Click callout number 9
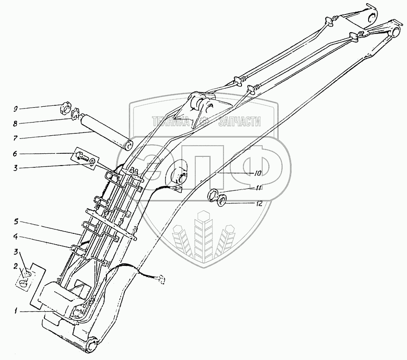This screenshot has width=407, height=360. [15, 109]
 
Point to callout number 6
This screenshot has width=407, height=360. [15, 154]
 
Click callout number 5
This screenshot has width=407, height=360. [15, 222]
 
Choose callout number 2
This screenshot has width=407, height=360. [15, 266]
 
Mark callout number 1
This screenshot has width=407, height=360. [15, 311]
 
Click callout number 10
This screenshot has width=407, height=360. [258, 173]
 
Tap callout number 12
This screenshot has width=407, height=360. [259, 204]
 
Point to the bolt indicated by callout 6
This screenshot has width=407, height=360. [81, 157]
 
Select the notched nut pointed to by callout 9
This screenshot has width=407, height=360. [66, 109]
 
